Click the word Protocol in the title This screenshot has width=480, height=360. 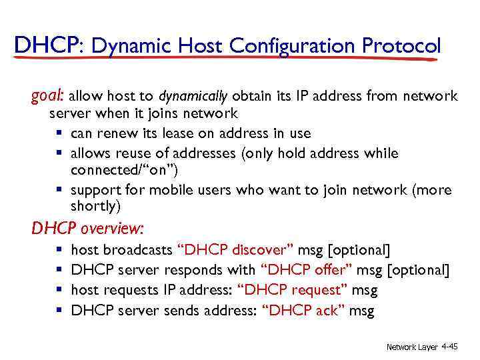[x=401, y=46]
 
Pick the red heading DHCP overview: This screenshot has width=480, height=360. [x=87, y=229]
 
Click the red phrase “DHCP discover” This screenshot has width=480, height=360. [x=235, y=251]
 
